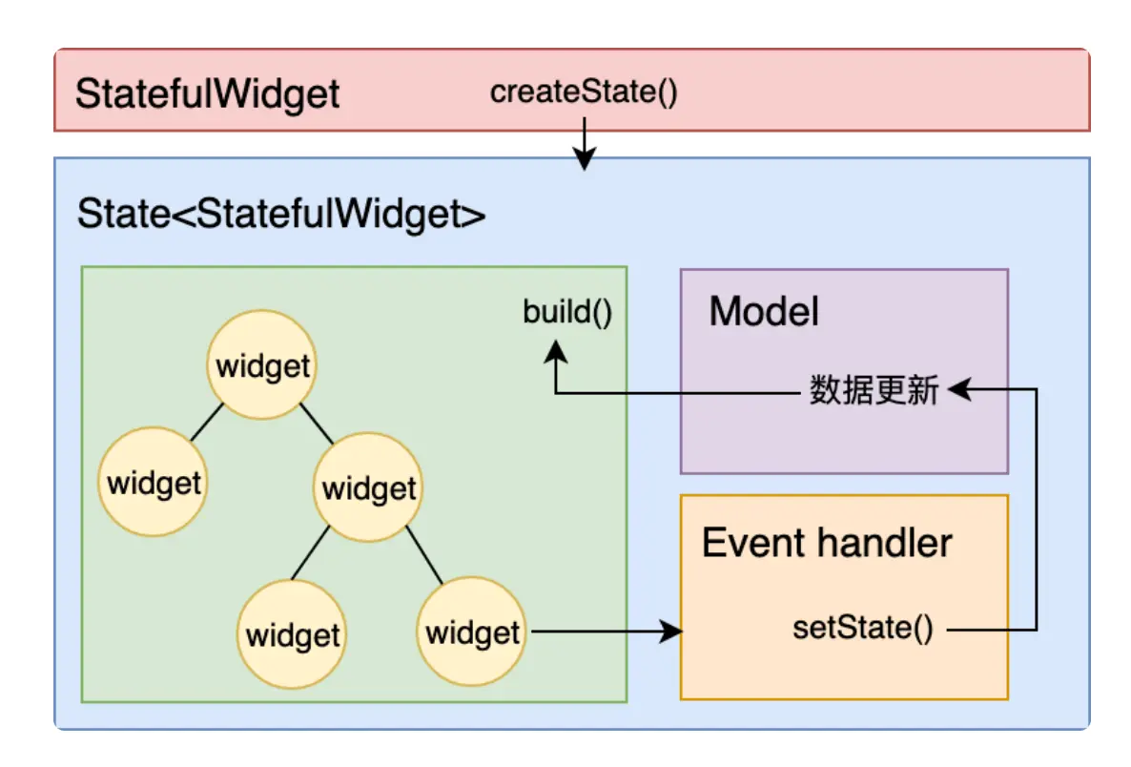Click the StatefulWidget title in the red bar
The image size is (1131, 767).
207,94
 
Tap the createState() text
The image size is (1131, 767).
584,93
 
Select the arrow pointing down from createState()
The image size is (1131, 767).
584,143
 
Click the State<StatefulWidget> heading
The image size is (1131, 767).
281,214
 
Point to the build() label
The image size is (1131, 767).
567,312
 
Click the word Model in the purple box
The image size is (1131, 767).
764,312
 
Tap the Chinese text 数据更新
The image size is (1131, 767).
874,390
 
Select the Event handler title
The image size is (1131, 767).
827,543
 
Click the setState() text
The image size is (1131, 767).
863,629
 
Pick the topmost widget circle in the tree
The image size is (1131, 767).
263,366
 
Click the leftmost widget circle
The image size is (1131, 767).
154,483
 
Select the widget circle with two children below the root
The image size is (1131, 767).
369,489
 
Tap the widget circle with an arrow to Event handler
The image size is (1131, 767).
472,632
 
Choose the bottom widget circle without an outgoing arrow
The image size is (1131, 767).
293,634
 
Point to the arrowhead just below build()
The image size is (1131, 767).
555,354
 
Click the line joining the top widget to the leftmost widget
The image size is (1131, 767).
206,422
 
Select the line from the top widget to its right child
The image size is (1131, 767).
317,425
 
